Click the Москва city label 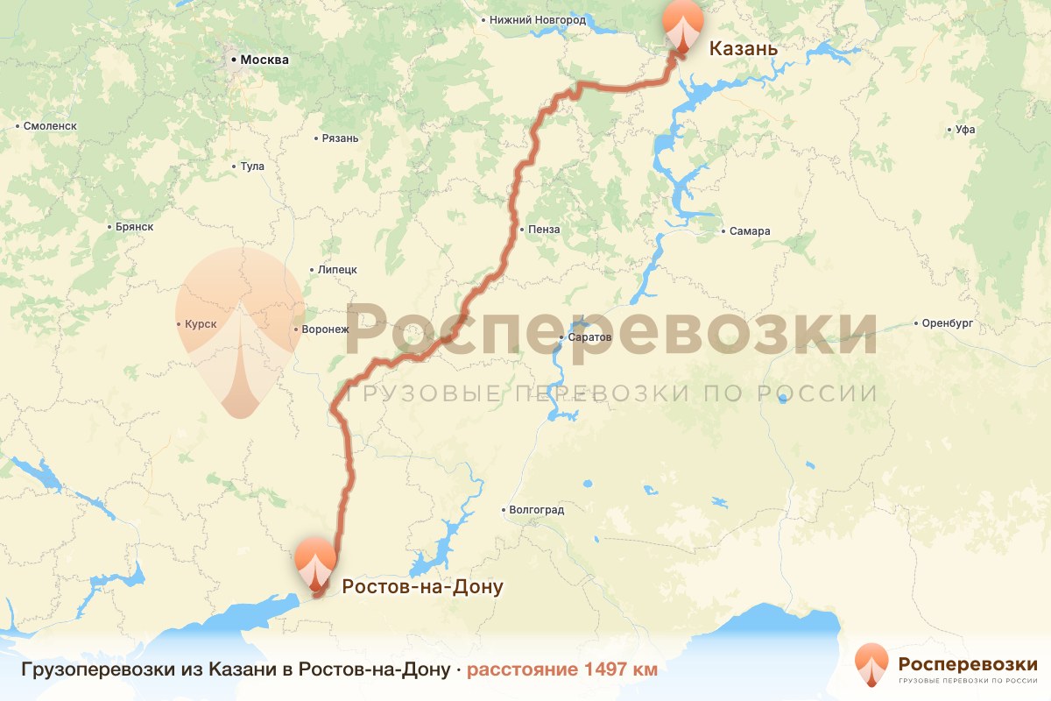pyautogui.click(x=264, y=60)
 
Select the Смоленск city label pyautogui.click(x=50, y=126)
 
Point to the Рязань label pyautogui.click(x=341, y=138)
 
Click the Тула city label pyautogui.click(x=251, y=166)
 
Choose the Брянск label pyautogui.click(x=134, y=227)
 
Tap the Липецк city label pyautogui.click(x=337, y=270)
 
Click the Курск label pyautogui.click(x=201, y=324)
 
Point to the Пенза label pyautogui.click(x=543, y=230)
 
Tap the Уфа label pyautogui.click(x=965, y=131)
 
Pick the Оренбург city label pyautogui.click(x=948, y=323)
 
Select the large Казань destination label pyautogui.click(x=742, y=48)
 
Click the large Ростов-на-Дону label pyautogui.click(x=422, y=586)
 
